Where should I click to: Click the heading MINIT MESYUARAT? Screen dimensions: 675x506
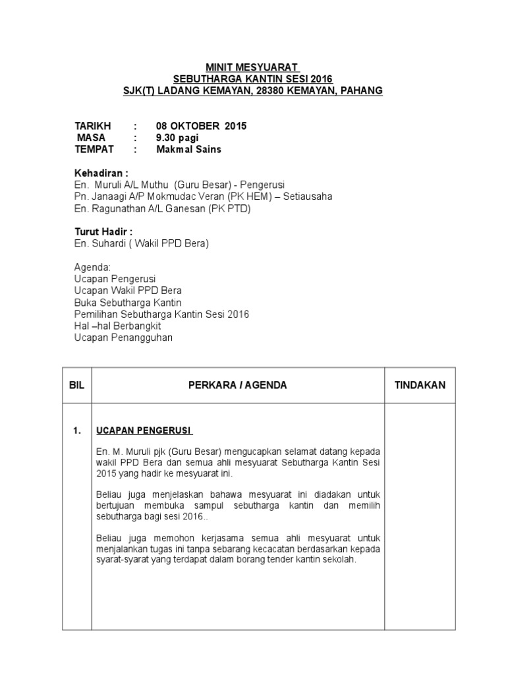click(252, 67)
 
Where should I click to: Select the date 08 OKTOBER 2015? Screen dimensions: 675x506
click(201, 126)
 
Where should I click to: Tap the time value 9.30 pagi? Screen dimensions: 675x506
click(177, 138)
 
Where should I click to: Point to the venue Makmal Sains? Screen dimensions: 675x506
click(188, 150)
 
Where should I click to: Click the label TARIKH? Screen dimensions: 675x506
click(93, 126)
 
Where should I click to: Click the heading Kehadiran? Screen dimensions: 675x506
click(100, 173)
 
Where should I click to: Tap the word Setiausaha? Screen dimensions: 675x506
click(307, 196)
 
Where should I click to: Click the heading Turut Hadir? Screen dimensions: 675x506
click(103, 232)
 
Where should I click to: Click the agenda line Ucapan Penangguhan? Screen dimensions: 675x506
click(123, 338)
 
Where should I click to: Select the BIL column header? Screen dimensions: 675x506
click(77, 385)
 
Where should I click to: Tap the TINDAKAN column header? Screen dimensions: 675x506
click(420, 385)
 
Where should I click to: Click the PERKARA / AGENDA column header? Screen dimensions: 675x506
click(237, 385)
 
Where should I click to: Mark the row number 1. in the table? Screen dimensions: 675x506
click(77, 431)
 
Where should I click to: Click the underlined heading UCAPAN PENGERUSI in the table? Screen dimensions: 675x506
click(144, 431)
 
